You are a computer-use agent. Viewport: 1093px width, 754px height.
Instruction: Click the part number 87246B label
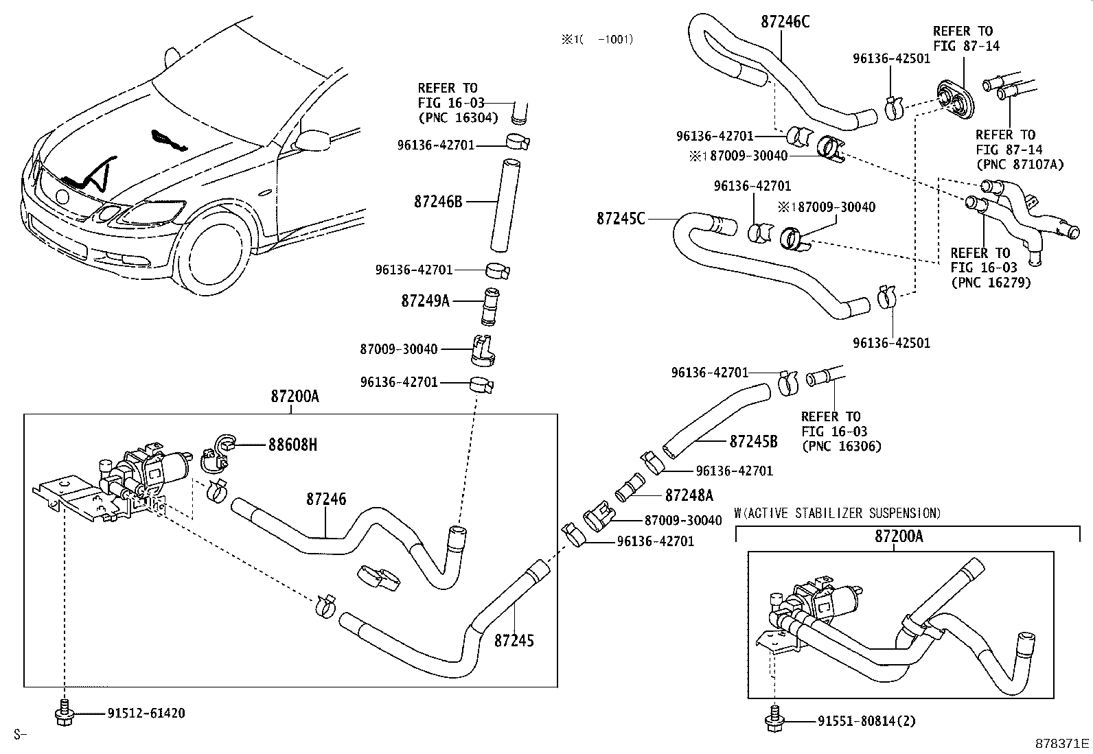[438, 202]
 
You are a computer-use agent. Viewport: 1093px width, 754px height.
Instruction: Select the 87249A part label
[425, 301]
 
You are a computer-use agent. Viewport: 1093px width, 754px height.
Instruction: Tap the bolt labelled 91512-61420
[62, 714]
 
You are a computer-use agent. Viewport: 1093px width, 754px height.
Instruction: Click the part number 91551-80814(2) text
[866, 721]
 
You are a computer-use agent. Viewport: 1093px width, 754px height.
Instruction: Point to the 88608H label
[292, 445]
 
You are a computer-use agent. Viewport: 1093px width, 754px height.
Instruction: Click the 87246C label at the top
[785, 21]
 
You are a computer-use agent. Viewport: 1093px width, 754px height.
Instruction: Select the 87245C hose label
[621, 219]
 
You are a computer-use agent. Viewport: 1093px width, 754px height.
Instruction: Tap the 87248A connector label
[689, 495]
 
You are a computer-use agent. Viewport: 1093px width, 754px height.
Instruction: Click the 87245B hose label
[753, 441]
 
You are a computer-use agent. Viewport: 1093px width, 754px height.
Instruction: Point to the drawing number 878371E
[1063, 744]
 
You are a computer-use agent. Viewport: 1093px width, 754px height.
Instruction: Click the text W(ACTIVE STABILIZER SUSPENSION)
[837, 513]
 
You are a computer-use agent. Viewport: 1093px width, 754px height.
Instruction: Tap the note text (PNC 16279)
[991, 282]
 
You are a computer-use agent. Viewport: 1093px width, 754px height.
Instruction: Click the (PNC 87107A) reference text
[1019, 165]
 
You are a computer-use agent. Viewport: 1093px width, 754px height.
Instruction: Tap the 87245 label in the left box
[514, 641]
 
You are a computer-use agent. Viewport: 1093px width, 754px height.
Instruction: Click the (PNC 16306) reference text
[841, 446]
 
